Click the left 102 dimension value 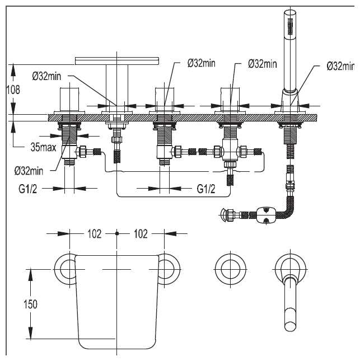93,234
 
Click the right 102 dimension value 140,234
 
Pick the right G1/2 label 206,189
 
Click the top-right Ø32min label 341,66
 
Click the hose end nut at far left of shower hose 228,215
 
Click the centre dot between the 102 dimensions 116,233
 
